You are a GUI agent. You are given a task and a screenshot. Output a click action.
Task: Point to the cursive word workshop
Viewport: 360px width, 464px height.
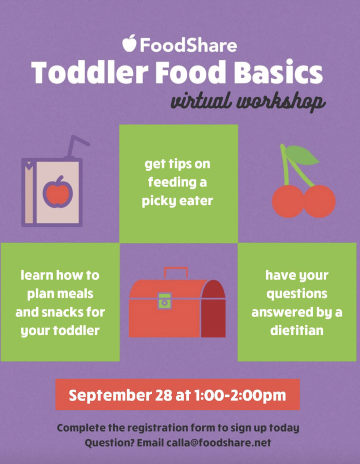click(x=281, y=102)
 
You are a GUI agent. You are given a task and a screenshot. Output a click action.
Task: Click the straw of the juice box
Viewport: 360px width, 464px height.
click(x=76, y=146)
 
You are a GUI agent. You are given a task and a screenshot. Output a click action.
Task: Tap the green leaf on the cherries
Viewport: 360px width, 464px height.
click(x=302, y=155)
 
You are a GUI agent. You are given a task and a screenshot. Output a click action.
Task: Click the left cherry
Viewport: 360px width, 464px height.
click(x=288, y=202)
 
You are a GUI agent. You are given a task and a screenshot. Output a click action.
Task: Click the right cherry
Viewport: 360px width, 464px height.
click(x=320, y=202)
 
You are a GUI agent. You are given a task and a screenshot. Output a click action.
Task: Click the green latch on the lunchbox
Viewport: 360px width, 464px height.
click(x=165, y=301)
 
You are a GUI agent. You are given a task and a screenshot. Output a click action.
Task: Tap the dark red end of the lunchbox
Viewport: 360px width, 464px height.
click(x=214, y=309)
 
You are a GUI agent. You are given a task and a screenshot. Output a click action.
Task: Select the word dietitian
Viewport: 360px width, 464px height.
click(x=297, y=330)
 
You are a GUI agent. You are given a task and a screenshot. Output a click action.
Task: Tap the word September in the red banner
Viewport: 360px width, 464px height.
click(x=110, y=396)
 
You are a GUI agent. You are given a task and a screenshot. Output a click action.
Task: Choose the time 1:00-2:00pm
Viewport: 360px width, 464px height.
click(x=240, y=396)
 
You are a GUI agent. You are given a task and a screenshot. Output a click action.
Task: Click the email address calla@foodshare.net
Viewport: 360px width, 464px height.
click(x=219, y=443)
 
